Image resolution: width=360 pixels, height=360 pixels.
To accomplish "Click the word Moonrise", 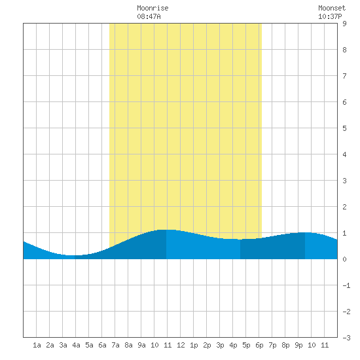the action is click(153, 8).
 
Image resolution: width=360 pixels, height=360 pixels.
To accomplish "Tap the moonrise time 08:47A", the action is click(149, 16).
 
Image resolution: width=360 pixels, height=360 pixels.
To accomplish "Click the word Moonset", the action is click(332, 8).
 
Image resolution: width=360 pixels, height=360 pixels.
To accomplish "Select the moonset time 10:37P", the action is click(330, 16).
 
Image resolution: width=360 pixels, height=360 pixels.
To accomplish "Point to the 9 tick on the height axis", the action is click(344, 24).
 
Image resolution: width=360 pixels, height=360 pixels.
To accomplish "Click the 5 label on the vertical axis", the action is click(344, 128).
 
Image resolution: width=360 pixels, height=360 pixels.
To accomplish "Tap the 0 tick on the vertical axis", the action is click(344, 259).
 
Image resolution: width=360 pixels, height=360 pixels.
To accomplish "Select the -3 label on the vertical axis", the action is click(346, 338).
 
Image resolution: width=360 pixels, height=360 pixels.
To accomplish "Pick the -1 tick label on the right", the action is click(346, 285).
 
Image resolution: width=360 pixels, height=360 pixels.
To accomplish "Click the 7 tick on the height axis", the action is click(344, 76).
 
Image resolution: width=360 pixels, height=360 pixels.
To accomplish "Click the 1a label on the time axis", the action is click(37, 345).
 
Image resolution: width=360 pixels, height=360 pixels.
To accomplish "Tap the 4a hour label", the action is click(76, 345).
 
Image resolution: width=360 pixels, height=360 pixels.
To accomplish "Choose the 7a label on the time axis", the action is click(115, 345).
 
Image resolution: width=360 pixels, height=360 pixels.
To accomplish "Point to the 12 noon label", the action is click(181, 345).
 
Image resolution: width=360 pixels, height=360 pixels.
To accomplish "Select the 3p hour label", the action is click(220, 345).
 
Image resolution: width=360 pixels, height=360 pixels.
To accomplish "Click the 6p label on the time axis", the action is click(259, 345).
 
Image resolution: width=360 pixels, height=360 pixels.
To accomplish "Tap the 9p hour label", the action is click(298, 345).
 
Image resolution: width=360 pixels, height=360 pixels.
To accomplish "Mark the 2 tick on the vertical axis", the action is click(344, 207).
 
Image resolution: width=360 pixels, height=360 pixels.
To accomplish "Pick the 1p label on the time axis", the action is click(194, 345).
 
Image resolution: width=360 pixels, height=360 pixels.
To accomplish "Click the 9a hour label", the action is click(141, 345).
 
